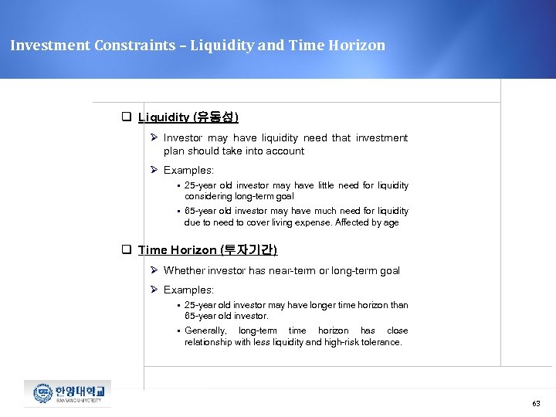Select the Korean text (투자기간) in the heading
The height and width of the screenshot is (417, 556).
(249, 250)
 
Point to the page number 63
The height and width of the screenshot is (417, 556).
(536, 404)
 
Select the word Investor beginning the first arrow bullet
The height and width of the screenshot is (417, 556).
(183, 138)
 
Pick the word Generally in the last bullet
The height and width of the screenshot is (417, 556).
(205, 331)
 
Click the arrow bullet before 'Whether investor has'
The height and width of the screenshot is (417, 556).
(154, 271)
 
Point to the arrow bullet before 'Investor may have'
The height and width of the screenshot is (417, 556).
(154, 138)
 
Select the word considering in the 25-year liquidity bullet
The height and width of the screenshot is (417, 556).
(206, 197)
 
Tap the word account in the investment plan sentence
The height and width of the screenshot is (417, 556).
(285, 151)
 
